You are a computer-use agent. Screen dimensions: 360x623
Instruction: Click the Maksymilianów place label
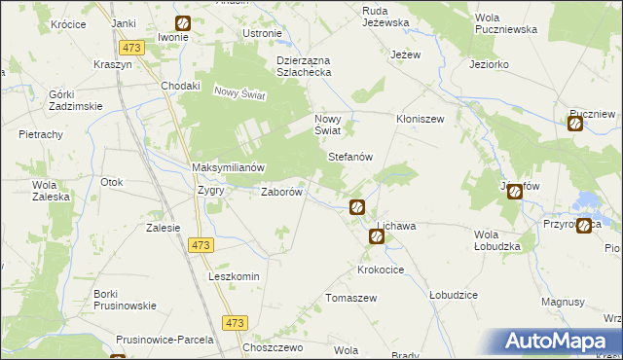click(x=228, y=167)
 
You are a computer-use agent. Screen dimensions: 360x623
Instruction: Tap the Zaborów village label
click(x=283, y=192)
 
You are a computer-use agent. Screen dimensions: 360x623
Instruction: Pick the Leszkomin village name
click(x=234, y=276)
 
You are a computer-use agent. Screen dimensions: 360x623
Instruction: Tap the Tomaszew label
click(x=351, y=297)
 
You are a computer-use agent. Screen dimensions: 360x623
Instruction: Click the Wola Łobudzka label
click(x=497, y=240)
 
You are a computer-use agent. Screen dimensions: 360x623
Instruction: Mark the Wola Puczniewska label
click(x=506, y=23)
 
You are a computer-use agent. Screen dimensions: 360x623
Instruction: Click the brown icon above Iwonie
click(x=183, y=23)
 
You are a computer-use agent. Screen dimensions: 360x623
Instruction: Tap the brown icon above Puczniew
click(x=575, y=122)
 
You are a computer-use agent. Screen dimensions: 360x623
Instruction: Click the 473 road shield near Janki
click(x=132, y=47)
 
